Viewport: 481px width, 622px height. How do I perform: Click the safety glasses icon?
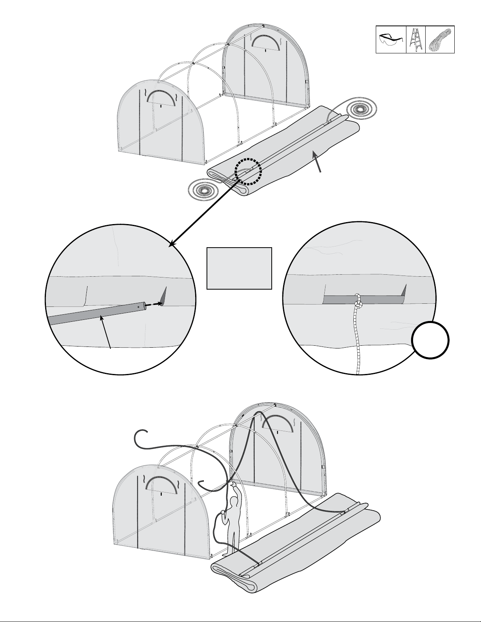[x=391, y=40]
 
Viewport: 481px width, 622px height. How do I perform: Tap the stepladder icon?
[x=415, y=40]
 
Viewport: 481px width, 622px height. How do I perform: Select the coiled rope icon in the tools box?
[x=440, y=40]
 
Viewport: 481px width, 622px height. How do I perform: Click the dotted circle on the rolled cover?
[x=248, y=171]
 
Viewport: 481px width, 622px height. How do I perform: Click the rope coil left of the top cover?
[x=203, y=191]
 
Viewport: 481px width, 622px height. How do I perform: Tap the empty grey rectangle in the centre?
[x=239, y=268]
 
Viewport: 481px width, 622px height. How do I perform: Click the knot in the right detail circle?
[x=358, y=303]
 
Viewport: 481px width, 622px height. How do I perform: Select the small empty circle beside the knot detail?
[x=430, y=340]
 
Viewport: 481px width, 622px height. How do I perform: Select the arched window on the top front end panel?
[x=161, y=97]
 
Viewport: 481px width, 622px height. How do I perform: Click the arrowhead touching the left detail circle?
[x=172, y=245]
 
